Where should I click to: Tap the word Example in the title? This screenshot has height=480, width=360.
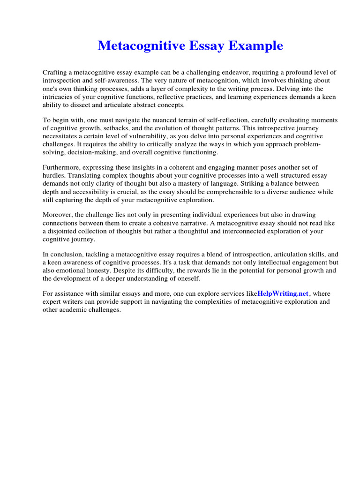pos(256,46)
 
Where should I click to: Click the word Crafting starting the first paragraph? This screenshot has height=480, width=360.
pos(55,73)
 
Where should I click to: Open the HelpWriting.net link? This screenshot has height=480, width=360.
pos(283,294)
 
